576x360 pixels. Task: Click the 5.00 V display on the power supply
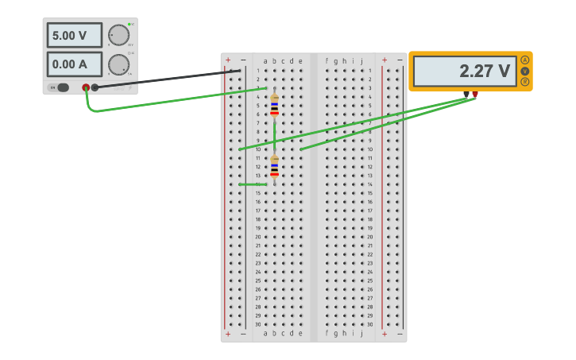coord(74,35)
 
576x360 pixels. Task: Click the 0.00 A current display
coord(74,64)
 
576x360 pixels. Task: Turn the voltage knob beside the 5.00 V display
coord(118,35)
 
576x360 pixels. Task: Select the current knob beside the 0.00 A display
coord(118,64)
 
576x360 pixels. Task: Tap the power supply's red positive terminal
coord(86,87)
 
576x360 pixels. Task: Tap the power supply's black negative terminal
coord(95,87)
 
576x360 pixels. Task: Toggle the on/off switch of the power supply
coord(60,87)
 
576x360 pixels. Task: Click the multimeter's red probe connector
coord(475,95)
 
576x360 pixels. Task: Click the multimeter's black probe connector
coord(466,95)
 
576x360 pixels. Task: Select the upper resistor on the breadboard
coord(274,105)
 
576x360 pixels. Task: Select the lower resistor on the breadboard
coord(274,167)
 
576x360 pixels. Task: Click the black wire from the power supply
coord(167,79)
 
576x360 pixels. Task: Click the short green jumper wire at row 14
coord(253,184)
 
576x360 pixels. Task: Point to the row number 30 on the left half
coord(257,324)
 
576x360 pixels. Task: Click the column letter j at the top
coord(361,61)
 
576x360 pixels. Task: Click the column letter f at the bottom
coord(327,334)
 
